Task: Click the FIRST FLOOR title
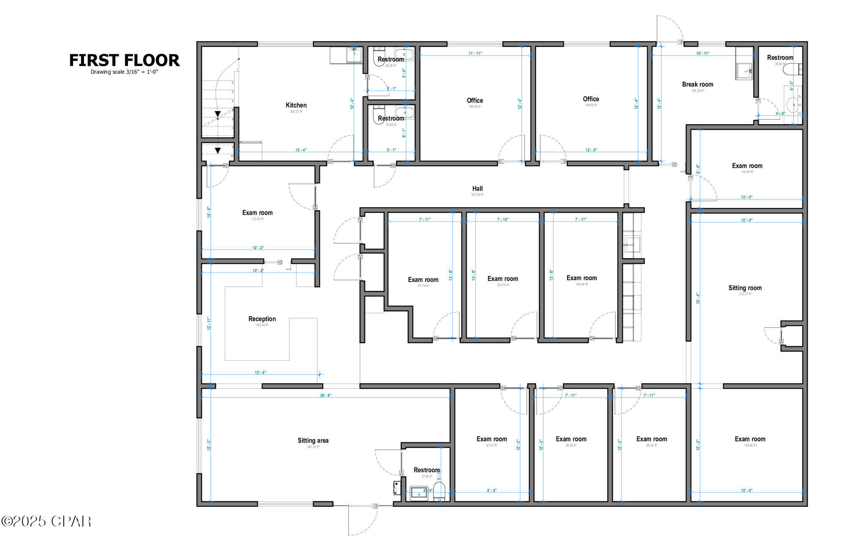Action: (124, 60)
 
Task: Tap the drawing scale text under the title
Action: (124, 72)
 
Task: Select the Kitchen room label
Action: (296, 105)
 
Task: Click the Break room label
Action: (698, 84)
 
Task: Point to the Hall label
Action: (477, 189)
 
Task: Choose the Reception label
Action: (262, 319)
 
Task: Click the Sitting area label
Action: (313, 441)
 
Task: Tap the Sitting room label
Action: (745, 288)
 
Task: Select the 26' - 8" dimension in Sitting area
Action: (326, 396)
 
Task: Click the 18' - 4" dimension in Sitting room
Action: (698, 298)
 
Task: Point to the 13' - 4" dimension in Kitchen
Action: (301, 150)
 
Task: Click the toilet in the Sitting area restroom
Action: (439, 491)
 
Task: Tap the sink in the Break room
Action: (744, 70)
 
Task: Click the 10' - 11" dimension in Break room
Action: (703, 54)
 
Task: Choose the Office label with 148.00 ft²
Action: (591, 99)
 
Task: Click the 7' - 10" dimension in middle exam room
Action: (503, 219)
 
